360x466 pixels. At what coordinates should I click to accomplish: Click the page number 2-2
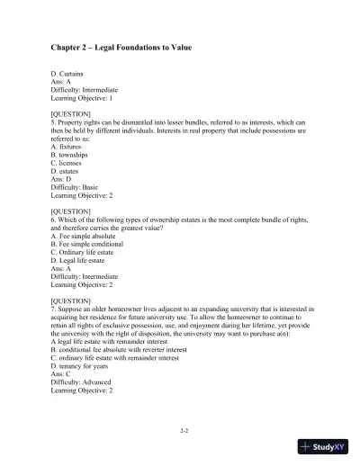tap(184, 432)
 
